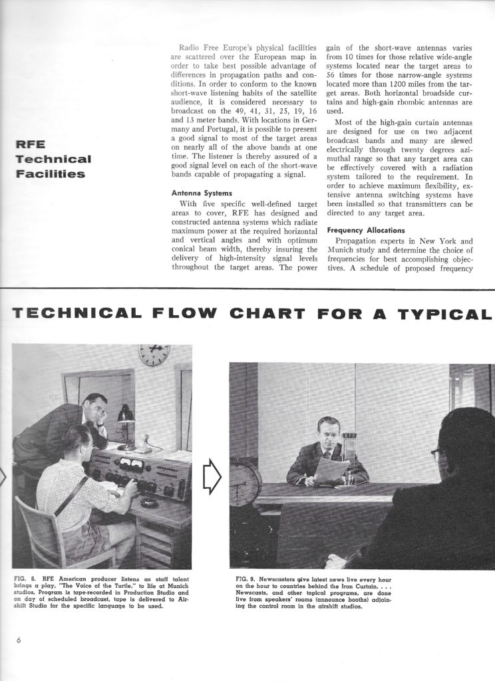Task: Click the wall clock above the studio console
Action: [x=154, y=354]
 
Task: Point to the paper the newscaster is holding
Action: [x=331, y=470]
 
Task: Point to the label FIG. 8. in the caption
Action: [x=25, y=578]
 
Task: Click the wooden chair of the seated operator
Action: [x=45, y=532]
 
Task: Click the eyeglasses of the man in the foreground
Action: [x=435, y=455]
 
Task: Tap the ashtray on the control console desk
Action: [x=151, y=503]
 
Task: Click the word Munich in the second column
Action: [x=344, y=253]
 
